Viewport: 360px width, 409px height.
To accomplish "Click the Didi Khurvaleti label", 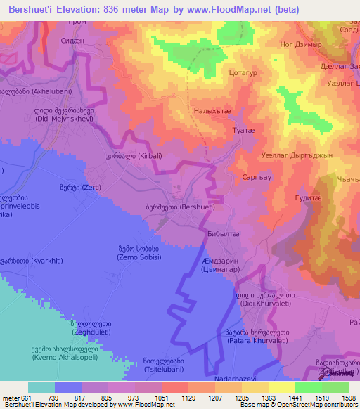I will [x=245, y=299].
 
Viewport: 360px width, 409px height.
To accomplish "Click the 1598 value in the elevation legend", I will [x=349, y=398].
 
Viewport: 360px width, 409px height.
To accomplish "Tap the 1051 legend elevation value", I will [x=162, y=398].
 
